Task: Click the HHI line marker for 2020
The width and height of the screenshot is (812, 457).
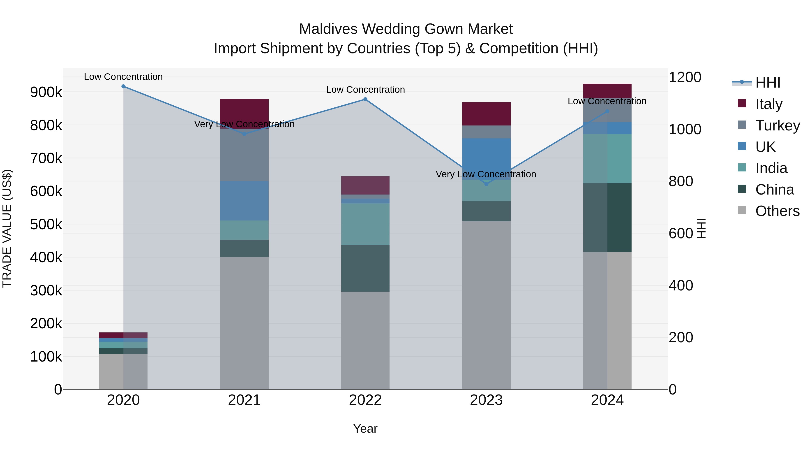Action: coord(123,86)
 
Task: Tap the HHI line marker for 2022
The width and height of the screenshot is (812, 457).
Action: coord(365,99)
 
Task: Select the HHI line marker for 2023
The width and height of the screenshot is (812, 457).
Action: coord(486,184)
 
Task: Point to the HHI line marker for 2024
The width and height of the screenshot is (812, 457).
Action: coord(607,111)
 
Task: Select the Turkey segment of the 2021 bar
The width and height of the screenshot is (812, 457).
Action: coord(244,155)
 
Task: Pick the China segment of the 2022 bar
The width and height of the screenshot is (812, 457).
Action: coord(365,268)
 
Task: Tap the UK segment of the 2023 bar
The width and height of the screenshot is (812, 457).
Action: coord(486,155)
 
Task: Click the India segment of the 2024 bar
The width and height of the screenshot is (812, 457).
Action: coord(607,159)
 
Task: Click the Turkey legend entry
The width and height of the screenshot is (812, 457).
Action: coord(777,125)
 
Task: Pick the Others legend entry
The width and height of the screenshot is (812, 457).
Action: coord(777,211)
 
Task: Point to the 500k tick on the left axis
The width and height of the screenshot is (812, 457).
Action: coord(46,225)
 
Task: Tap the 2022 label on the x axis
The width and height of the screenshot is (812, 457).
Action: coord(365,400)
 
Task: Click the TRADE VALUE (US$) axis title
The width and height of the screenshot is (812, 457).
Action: coord(7,228)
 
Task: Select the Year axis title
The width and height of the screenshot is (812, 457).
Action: coord(365,429)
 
